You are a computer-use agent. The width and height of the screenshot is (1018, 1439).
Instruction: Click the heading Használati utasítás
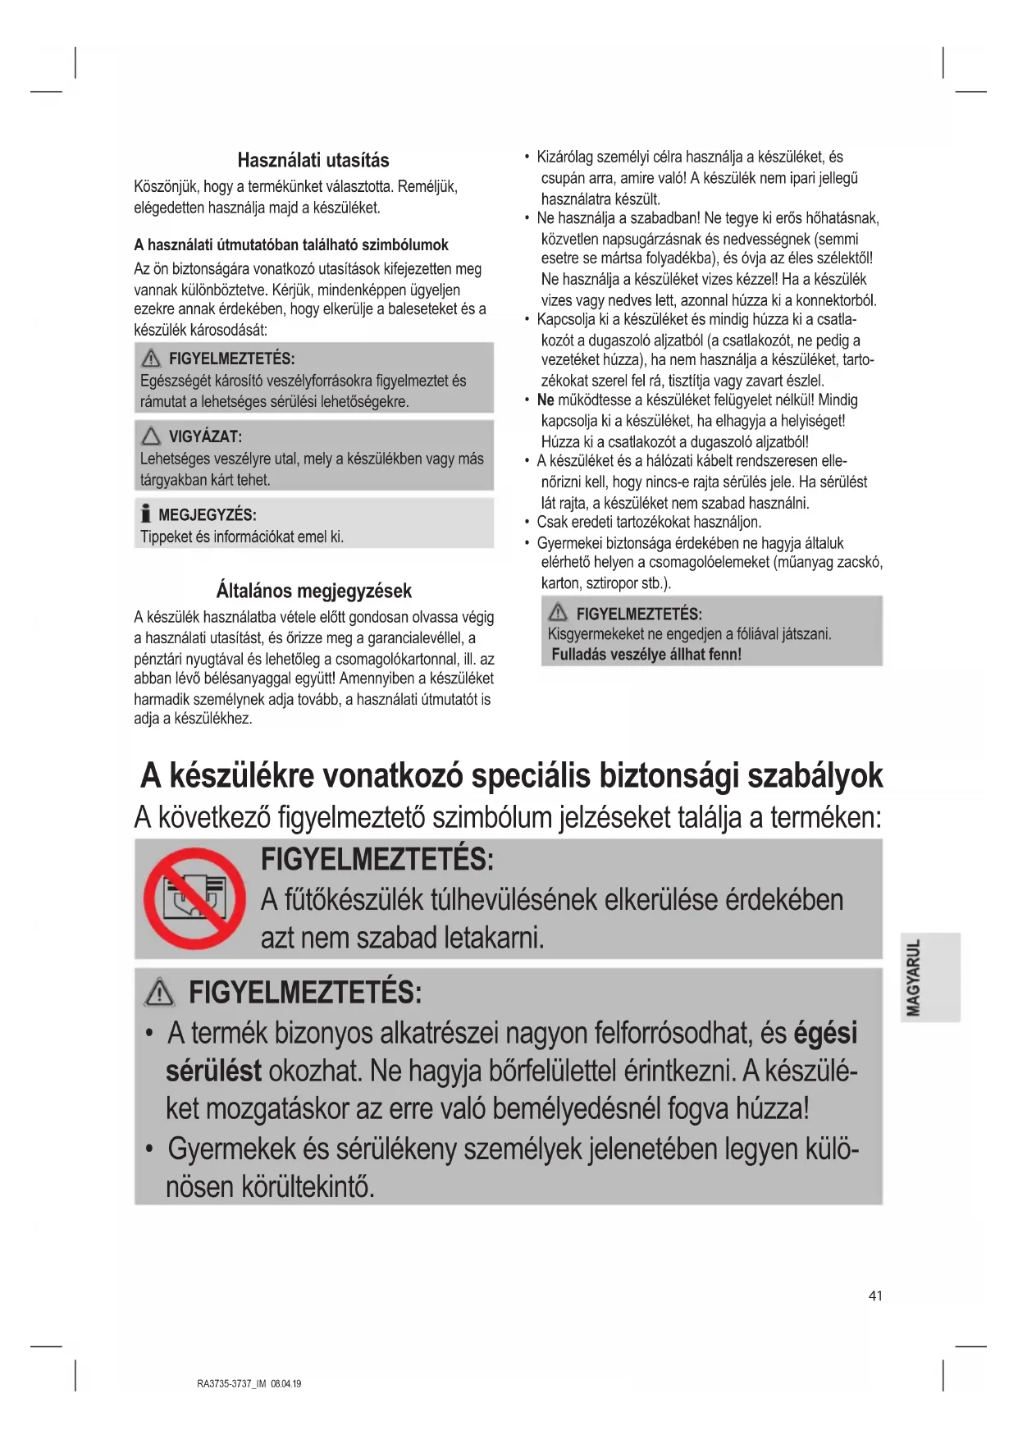tap(313, 160)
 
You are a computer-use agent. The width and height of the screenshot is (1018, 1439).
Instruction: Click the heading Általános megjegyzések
tap(313, 591)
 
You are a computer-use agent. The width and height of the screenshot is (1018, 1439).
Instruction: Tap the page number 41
tap(875, 1295)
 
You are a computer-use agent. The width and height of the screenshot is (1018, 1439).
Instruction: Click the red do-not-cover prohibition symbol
tap(194, 898)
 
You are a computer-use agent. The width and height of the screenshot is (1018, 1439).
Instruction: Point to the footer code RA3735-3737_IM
tap(232, 1383)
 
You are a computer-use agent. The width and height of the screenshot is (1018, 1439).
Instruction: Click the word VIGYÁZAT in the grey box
tap(205, 436)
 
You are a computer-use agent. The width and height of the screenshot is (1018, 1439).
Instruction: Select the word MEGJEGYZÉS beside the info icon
tap(207, 515)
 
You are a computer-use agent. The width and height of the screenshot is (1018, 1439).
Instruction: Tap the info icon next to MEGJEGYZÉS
tap(146, 514)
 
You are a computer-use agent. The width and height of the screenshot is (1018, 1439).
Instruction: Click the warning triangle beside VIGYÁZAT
tap(151, 436)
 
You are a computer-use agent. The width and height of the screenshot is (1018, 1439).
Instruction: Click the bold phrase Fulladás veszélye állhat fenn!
tap(646, 655)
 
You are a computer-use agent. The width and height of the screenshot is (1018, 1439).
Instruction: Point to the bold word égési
tap(825, 1032)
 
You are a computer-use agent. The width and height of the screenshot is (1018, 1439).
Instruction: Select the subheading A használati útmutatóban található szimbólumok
tap(291, 244)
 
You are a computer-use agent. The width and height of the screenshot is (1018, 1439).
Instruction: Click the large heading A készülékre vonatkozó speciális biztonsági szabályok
tap(511, 775)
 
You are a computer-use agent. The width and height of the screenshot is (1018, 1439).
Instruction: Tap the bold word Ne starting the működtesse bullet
tap(546, 400)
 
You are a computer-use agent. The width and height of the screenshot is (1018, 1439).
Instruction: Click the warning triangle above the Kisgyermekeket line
tap(559, 613)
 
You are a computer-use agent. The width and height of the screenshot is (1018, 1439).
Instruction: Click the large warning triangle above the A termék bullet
tap(159, 994)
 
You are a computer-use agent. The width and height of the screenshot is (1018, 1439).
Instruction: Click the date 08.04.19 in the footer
tap(286, 1383)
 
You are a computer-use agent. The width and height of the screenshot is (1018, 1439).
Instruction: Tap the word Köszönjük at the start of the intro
tap(167, 187)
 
